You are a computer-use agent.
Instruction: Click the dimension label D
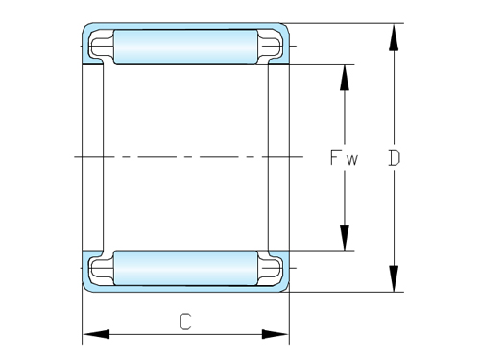pos(395,157)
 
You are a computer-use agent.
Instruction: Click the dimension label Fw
pos(344,157)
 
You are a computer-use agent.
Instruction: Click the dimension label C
pos(185,322)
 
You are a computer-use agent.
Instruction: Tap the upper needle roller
pos(185,47)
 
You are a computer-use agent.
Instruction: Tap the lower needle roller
pos(185,268)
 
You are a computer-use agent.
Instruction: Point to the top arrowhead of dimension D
pos(394,36)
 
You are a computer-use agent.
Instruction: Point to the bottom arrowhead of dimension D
pos(394,278)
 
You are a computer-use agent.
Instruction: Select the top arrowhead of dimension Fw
pos(345,78)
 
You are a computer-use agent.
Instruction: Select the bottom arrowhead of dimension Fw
pos(345,237)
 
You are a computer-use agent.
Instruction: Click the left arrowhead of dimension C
pos(96,334)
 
